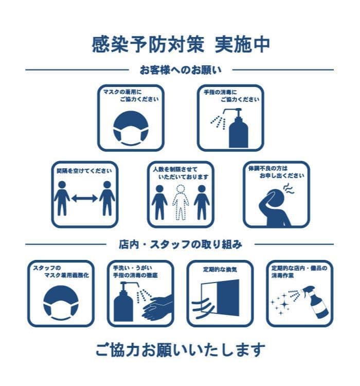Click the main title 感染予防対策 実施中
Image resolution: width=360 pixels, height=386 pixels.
[x=181, y=45]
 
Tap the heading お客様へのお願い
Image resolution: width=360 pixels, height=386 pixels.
[x=181, y=70]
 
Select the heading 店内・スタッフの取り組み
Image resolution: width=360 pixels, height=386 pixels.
[x=181, y=244]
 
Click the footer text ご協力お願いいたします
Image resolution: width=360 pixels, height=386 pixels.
[x=181, y=349]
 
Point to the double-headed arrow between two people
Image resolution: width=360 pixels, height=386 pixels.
[x=84, y=198]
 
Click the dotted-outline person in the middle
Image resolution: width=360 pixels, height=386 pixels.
[x=181, y=202]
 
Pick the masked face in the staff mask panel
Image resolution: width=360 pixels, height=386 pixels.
[x=61, y=303]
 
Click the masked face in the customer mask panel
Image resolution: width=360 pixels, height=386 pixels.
[x=131, y=128]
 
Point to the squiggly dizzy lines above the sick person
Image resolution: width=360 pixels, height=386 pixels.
[x=289, y=189]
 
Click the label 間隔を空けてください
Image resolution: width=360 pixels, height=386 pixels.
[x=84, y=171]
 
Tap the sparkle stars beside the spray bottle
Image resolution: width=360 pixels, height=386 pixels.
[x=280, y=304]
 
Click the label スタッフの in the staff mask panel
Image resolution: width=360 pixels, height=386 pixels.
[x=47, y=268]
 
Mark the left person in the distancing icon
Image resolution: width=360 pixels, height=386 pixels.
[x=62, y=199]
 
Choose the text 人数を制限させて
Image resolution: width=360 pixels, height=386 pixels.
[x=175, y=169]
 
